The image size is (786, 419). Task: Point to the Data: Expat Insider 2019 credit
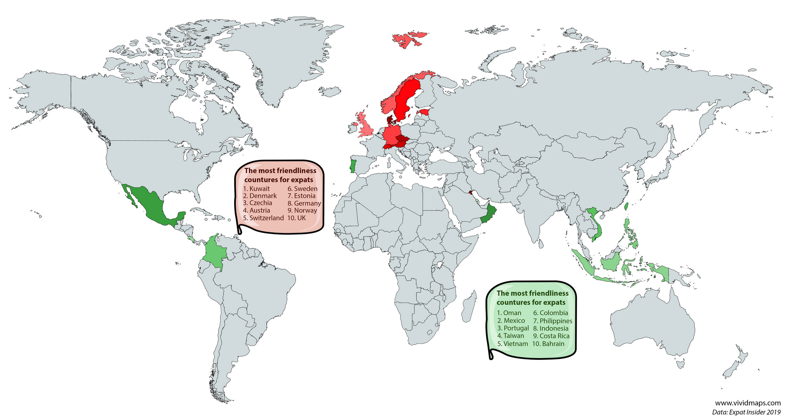point(746,412)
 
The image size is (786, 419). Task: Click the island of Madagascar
point(467,310)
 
